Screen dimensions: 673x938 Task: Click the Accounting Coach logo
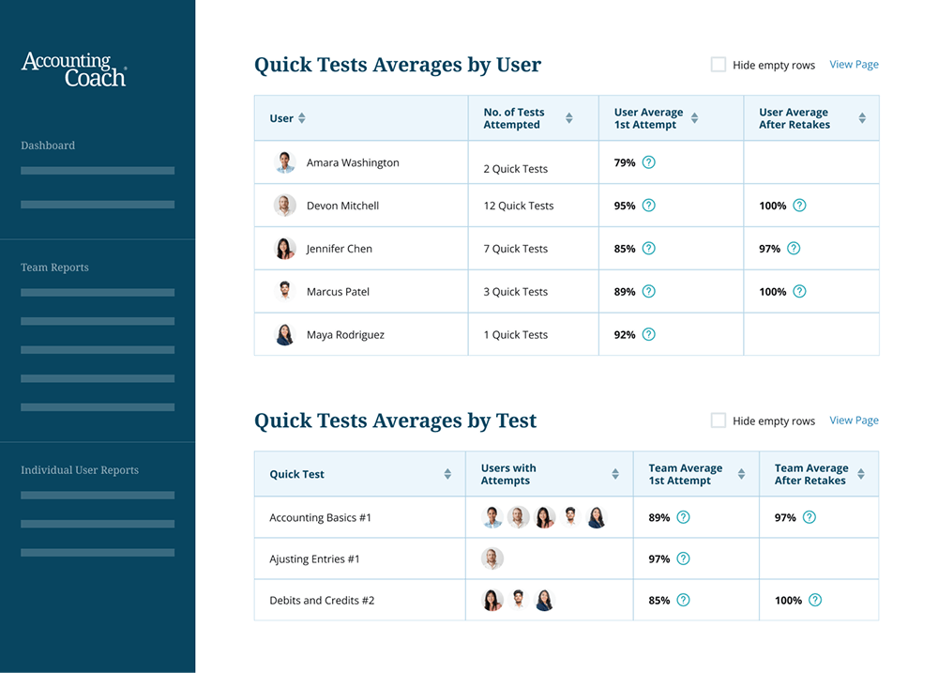point(73,69)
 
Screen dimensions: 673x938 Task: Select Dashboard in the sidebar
point(48,145)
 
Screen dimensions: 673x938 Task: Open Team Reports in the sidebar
point(54,268)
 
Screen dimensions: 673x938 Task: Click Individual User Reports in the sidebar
point(80,470)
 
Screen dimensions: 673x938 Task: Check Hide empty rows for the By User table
point(719,65)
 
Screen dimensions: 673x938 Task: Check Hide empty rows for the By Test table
point(719,421)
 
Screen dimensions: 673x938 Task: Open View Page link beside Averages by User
point(854,65)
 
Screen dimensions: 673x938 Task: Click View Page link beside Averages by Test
point(854,421)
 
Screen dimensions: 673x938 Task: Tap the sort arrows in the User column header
point(301,118)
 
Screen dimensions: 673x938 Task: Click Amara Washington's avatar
point(285,162)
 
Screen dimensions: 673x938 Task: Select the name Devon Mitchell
point(342,206)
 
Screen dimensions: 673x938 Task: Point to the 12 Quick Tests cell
point(519,206)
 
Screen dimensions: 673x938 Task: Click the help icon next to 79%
point(648,162)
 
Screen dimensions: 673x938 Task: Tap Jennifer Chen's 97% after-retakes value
point(769,249)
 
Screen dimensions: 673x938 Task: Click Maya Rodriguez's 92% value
point(625,335)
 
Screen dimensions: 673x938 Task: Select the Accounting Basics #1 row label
point(320,517)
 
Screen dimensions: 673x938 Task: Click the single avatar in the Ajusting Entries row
point(492,558)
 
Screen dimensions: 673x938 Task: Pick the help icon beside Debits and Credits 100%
point(815,601)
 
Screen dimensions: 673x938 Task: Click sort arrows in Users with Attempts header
point(615,474)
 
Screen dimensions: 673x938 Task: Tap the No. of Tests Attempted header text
point(513,118)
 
